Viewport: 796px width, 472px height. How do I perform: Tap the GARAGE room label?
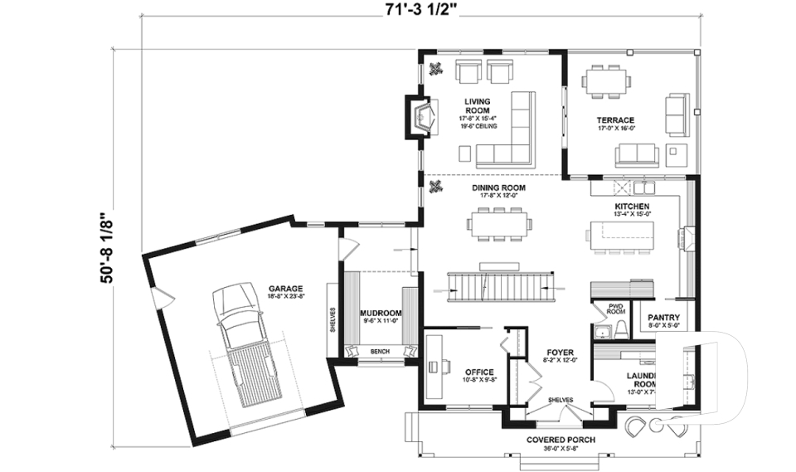point(284,289)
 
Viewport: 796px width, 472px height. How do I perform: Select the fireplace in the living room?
point(419,114)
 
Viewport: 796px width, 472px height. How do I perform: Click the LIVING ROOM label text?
point(477,106)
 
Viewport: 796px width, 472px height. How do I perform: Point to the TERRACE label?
point(614,120)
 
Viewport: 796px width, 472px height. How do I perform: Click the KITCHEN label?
point(632,206)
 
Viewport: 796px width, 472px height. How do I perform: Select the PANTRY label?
point(664,317)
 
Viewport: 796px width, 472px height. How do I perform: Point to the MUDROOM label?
point(381,314)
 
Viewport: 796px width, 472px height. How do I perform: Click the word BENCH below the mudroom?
point(380,352)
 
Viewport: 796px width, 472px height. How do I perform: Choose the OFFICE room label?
point(479,372)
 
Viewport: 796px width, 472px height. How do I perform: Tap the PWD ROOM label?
point(615,309)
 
